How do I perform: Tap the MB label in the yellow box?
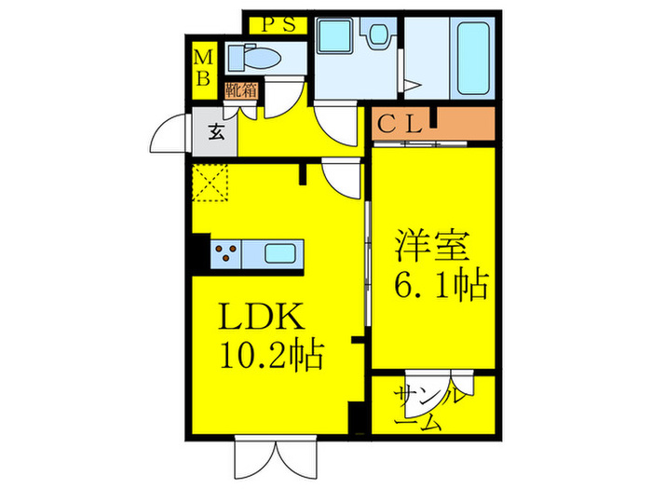(x=202, y=67)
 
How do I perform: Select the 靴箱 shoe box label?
(x=240, y=90)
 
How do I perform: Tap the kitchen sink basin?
(x=281, y=253)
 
